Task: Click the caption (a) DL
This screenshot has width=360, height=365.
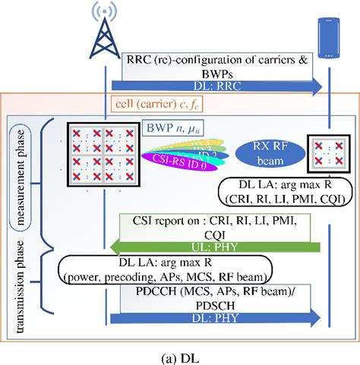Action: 180,354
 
